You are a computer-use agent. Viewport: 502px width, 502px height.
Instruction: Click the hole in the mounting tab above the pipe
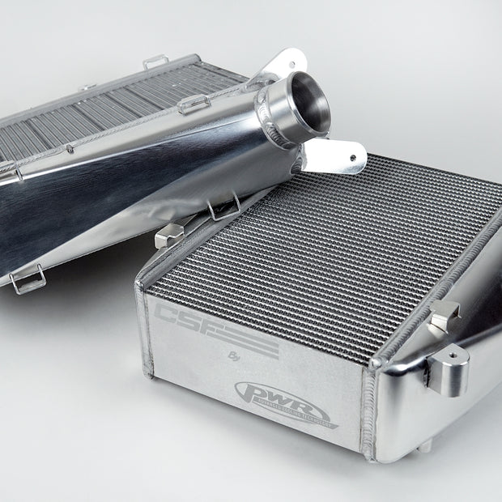289,61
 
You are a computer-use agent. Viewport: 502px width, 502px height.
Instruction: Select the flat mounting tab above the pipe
285,64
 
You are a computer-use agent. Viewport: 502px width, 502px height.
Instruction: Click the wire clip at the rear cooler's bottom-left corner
28,280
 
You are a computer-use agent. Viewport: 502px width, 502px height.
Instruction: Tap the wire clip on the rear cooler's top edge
156,62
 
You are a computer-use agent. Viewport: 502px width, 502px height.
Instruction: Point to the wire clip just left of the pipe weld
195,103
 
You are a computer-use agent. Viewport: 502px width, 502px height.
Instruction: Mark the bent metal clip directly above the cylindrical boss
444,315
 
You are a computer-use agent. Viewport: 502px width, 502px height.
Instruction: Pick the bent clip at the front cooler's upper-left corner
168,236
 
